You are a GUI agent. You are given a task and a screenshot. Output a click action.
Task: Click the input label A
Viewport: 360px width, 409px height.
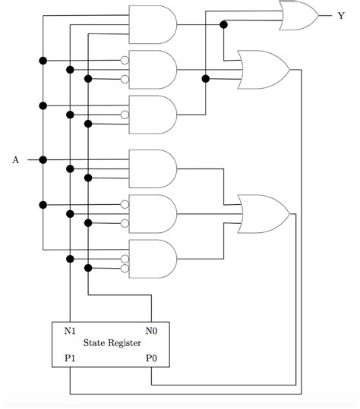[15, 160]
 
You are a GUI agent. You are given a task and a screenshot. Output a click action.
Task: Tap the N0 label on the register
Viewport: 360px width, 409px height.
[152, 330]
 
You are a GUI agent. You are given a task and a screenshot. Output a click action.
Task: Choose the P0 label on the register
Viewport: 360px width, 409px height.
[152, 357]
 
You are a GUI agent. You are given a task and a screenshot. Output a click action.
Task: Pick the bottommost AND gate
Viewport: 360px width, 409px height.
[153, 260]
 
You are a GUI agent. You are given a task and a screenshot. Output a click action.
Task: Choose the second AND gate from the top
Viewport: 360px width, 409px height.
[153, 70]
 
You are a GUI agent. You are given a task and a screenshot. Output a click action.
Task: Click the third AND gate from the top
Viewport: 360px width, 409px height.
[153, 115]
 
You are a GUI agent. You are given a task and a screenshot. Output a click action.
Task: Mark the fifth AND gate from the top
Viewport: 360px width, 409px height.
[153, 213]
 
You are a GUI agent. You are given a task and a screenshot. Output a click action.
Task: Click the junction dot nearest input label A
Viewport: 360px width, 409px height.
[43, 160]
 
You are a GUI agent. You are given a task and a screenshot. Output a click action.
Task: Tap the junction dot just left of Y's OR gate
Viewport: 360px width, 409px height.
[223, 24]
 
